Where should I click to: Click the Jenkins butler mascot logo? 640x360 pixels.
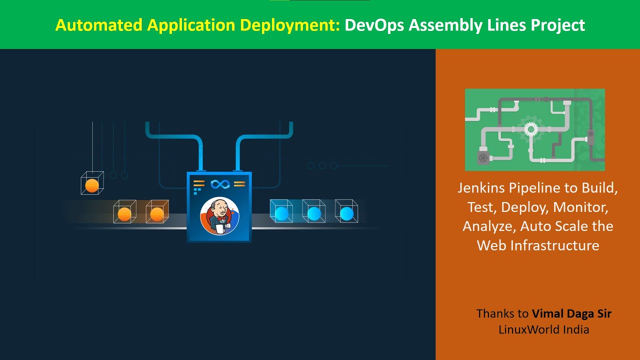tap(219, 216)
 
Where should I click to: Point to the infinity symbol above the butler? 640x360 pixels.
tap(219, 184)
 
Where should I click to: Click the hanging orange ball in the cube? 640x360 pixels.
tap(92, 185)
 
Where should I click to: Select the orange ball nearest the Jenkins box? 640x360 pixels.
tap(157, 214)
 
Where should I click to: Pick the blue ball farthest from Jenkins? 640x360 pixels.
tap(346, 213)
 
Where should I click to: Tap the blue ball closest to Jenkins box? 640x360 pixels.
tap(282, 213)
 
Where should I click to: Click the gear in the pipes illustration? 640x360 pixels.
tap(529, 129)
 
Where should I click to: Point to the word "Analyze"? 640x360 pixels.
tap(488, 226)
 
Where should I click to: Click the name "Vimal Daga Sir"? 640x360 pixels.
tap(571, 313)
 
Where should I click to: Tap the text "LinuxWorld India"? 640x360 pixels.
tap(543, 329)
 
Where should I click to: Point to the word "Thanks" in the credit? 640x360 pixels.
tap(495, 313)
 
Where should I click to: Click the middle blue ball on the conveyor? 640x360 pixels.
tap(314, 213)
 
